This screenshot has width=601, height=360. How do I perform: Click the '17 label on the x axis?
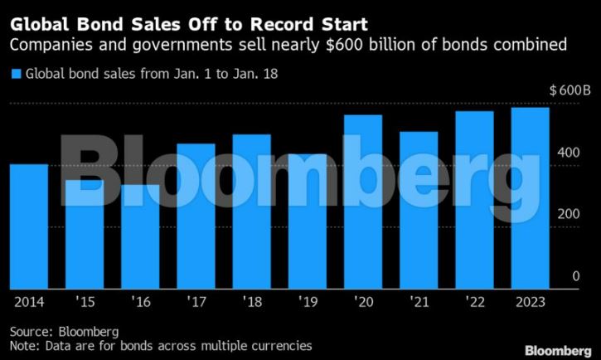click(x=196, y=302)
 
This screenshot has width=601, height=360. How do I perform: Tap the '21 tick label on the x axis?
click(x=419, y=302)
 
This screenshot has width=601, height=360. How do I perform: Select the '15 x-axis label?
click(x=85, y=302)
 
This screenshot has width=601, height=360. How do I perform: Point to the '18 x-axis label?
click(x=251, y=302)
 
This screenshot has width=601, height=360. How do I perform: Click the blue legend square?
click(x=15, y=75)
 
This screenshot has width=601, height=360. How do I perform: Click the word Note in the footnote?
click(x=23, y=344)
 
